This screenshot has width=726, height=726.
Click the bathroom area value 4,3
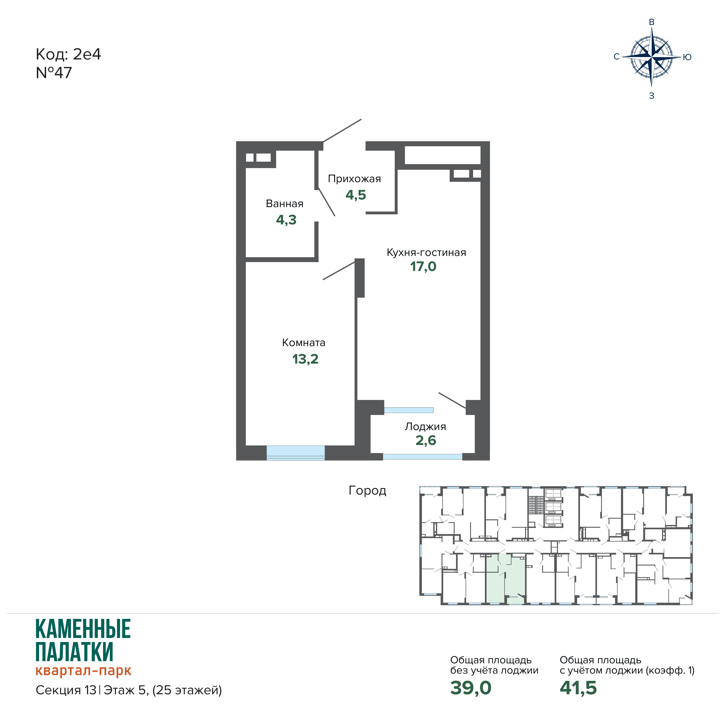tap(286, 220)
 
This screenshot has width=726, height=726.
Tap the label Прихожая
tap(354, 179)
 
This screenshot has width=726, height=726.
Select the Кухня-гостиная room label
tap(426, 253)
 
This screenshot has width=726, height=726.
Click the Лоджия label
tap(425, 426)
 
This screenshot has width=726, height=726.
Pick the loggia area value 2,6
tap(426, 440)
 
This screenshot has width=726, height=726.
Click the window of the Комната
tap(296, 453)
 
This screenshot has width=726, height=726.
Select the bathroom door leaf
tap(327, 202)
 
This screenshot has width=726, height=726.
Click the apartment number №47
tap(54, 73)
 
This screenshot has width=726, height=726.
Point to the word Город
tap(367, 490)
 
